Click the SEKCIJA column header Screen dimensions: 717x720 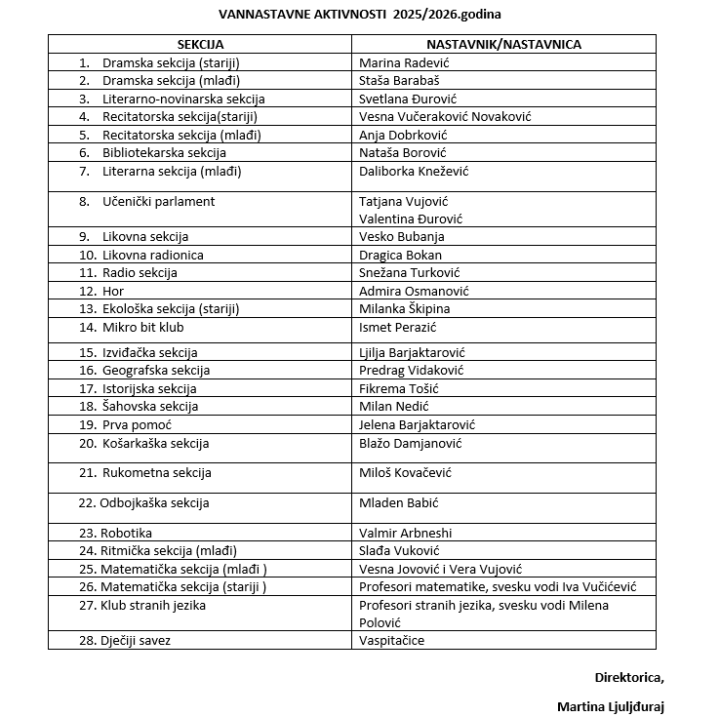[200, 45]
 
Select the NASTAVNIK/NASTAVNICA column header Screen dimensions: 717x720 [503, 45]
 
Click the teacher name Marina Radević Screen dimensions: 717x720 [404, 62]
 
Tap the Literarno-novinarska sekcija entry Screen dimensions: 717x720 [183, 99]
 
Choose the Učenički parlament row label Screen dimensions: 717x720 [158, 202]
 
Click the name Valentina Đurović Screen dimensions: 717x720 [411, 219]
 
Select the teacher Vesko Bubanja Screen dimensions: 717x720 [402, 237]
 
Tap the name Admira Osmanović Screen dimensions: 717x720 [415, 291]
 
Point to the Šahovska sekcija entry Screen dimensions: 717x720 [150, 407]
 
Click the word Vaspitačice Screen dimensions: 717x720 [391, 641]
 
